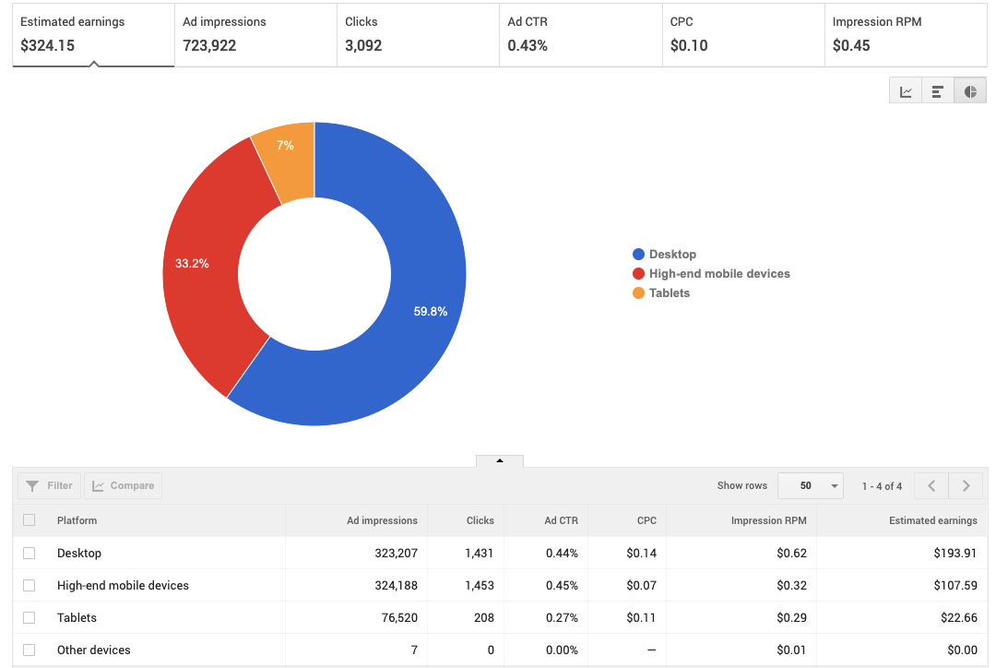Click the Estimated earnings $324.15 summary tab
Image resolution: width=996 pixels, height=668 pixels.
pos(92,34)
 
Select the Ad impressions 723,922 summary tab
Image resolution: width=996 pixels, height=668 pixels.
pos(255,34)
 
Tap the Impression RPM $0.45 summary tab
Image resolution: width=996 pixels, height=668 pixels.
pos(905,34)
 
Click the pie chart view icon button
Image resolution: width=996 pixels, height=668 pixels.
pos(970,91)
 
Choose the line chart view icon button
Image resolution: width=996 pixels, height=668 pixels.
pos(906,91)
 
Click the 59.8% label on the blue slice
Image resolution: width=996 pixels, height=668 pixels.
pos(430,312)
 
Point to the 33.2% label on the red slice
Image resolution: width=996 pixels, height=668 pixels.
pos(192,264)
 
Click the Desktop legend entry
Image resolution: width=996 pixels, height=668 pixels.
pos(671,255)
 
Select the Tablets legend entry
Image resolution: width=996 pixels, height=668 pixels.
pos(669,293)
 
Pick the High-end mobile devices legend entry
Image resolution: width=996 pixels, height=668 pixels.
pos(718,274)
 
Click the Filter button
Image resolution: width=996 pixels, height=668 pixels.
pos(50,485)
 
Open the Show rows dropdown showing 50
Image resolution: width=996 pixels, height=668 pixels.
pos(810,485)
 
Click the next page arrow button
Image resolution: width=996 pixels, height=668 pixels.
pos(966,485)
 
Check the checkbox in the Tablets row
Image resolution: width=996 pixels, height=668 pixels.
pos(30,617)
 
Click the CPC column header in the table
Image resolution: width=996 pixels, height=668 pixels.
pos(646,520)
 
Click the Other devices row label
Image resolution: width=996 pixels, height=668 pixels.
pos(94,650)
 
